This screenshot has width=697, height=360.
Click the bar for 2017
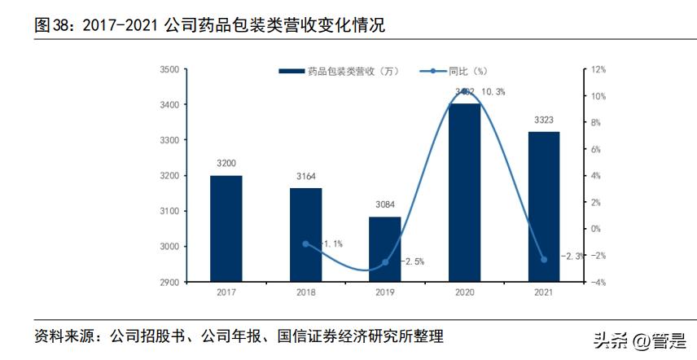(226, 228)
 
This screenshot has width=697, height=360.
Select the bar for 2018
(305, 235)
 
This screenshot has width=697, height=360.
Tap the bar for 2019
(385, 248)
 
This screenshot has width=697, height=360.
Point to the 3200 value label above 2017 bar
(226, 164)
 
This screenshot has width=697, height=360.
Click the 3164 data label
(305, 177)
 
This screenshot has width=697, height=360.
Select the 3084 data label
(385, 205)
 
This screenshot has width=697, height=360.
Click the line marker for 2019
(385, 262)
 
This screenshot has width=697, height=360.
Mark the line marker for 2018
(305, 244)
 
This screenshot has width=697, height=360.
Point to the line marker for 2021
(544, 259)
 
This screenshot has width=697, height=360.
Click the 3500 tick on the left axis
(169, 70)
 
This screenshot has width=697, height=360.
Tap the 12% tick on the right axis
(598, 70)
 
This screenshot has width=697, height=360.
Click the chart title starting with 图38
(208, 26)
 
